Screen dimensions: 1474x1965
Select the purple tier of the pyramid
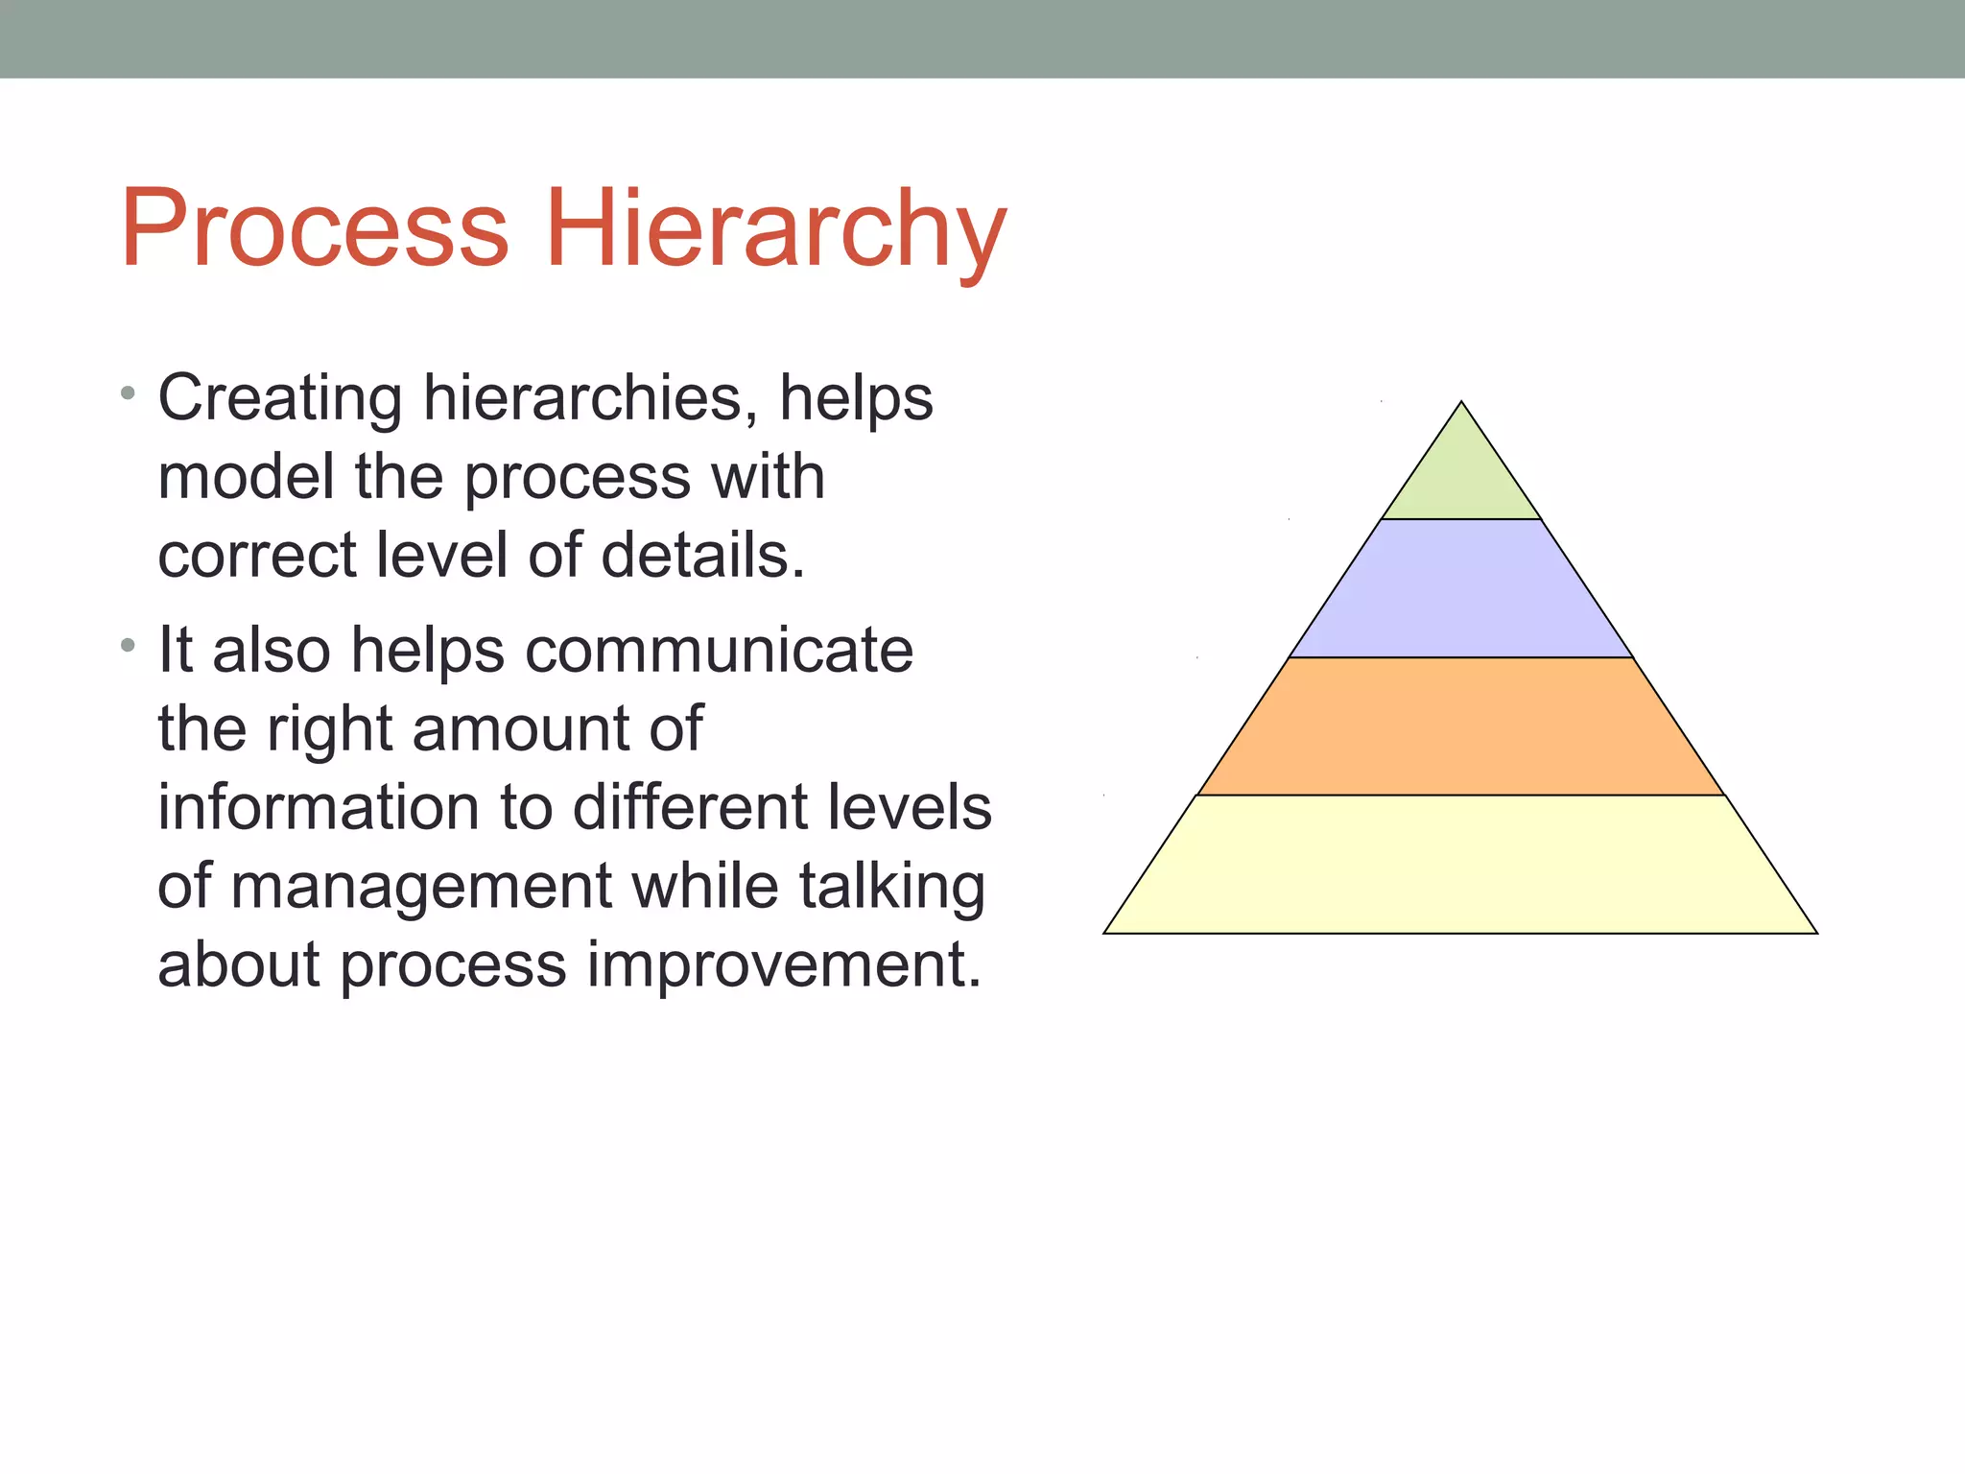pyautogui.click(x=1461, y=589)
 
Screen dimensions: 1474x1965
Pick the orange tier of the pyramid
pyautogui.click(x=1461, y=726)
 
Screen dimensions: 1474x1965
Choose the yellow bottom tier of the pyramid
pyautogui.click(x=1461, y=864)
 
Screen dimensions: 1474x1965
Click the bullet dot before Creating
pyautogui.click(x=129, y=393)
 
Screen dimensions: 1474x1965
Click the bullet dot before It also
pyautogui.click(x=129, y=646)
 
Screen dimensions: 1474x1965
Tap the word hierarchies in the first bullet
pyautogui.click(x=582, y=398)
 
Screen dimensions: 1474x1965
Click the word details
pyautogui.click(x=702, y=556)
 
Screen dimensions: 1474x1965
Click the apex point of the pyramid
pyautogui.click(x=1461, y=403)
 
